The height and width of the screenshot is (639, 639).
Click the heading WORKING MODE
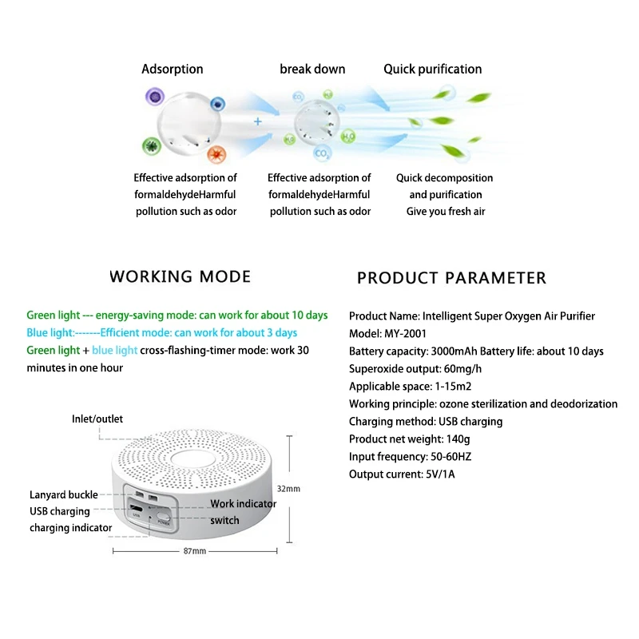coord(180,276)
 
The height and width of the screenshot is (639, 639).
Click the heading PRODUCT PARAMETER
coord(451,278)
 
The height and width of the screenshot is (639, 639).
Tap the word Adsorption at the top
coord(172,69)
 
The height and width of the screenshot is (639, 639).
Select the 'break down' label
coord(312,69)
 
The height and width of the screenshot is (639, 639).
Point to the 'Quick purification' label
coord(432,69)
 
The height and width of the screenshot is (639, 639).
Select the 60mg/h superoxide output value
coord(464,369)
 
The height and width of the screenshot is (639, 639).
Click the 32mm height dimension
coord(288,488)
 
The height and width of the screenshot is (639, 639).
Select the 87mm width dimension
coord(194,551)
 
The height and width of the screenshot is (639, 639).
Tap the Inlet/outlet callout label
coord(97,419)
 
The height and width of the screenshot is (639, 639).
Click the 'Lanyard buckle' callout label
coord(63,495)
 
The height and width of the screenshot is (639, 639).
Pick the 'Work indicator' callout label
coord(243,503)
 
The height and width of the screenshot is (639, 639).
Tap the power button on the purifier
coord(163,517)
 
